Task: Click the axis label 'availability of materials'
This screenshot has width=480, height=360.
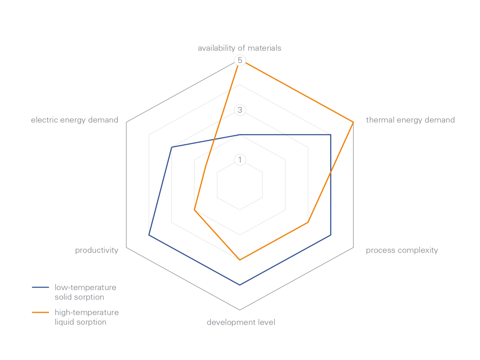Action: coord(239,48)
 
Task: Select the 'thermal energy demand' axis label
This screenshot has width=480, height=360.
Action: coord(410,120)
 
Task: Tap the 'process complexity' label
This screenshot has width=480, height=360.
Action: coord(402,250)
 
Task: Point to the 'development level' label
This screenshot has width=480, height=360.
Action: coord(241,322)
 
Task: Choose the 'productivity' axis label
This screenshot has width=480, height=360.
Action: coord(97,250)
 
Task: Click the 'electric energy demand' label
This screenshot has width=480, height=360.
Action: coord(75,120)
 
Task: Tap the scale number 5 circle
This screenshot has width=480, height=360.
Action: coord(240,60)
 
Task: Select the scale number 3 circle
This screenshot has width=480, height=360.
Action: coord(240,110)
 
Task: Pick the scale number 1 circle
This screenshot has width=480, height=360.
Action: coord(240,160)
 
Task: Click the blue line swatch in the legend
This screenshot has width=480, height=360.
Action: coord(40,287)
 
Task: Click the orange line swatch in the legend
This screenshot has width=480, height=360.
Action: coord(40,312)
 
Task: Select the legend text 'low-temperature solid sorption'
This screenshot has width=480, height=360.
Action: coord(85,292)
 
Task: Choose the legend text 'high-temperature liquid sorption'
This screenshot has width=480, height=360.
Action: coord(87,317)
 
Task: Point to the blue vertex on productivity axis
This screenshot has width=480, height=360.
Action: coord(149,235)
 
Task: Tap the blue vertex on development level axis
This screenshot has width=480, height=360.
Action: coord(240,285)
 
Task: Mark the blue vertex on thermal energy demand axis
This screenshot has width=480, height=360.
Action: coord(331,135)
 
